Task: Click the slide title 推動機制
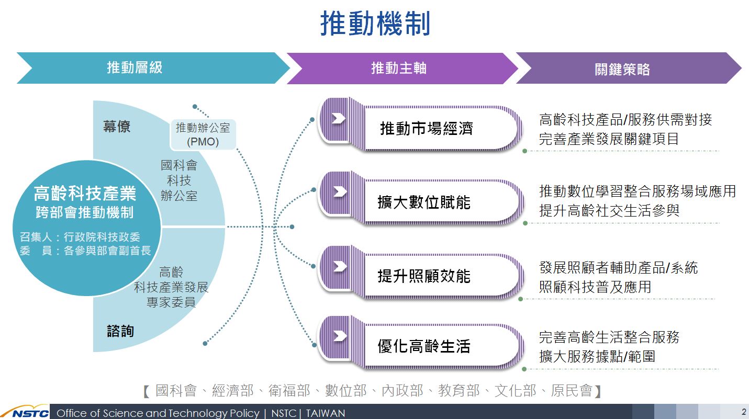pos(375,24)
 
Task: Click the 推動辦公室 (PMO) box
pos(203,134)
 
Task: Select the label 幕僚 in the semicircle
pos(116,127)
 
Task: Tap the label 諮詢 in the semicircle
pos(120,331)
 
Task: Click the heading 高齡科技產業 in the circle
pos(85,194)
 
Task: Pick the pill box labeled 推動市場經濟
pos(420,124)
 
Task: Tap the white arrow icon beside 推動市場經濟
pos(339,118)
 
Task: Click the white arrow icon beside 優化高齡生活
pos(340,336)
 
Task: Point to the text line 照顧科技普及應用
pos(595,287)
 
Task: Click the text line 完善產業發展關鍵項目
pos(609,139)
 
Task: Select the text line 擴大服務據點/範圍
pos(597,356)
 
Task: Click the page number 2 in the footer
pos(744,412)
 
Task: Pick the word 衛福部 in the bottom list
pos(289,391)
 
